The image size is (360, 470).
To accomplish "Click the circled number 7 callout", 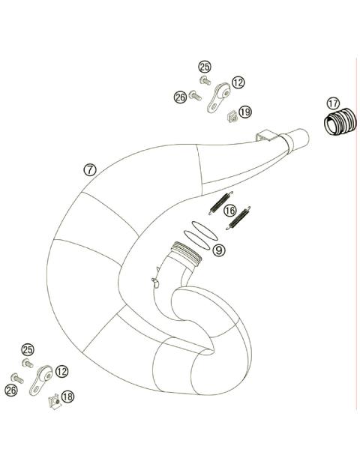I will tap(90, 169).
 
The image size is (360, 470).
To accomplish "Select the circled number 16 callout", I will tap(230, 210).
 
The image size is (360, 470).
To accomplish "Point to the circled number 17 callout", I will tap(333, 103).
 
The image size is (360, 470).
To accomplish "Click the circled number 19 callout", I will tap(245, 112).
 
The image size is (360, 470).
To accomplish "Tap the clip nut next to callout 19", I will tap(232, 115).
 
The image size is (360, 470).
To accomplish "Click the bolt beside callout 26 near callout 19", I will tap(194, 96).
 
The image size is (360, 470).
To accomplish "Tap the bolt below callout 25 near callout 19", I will tap(205, 80).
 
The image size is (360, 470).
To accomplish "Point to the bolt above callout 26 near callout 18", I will tap(16, 378).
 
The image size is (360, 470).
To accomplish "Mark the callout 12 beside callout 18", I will tap(61, 370).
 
